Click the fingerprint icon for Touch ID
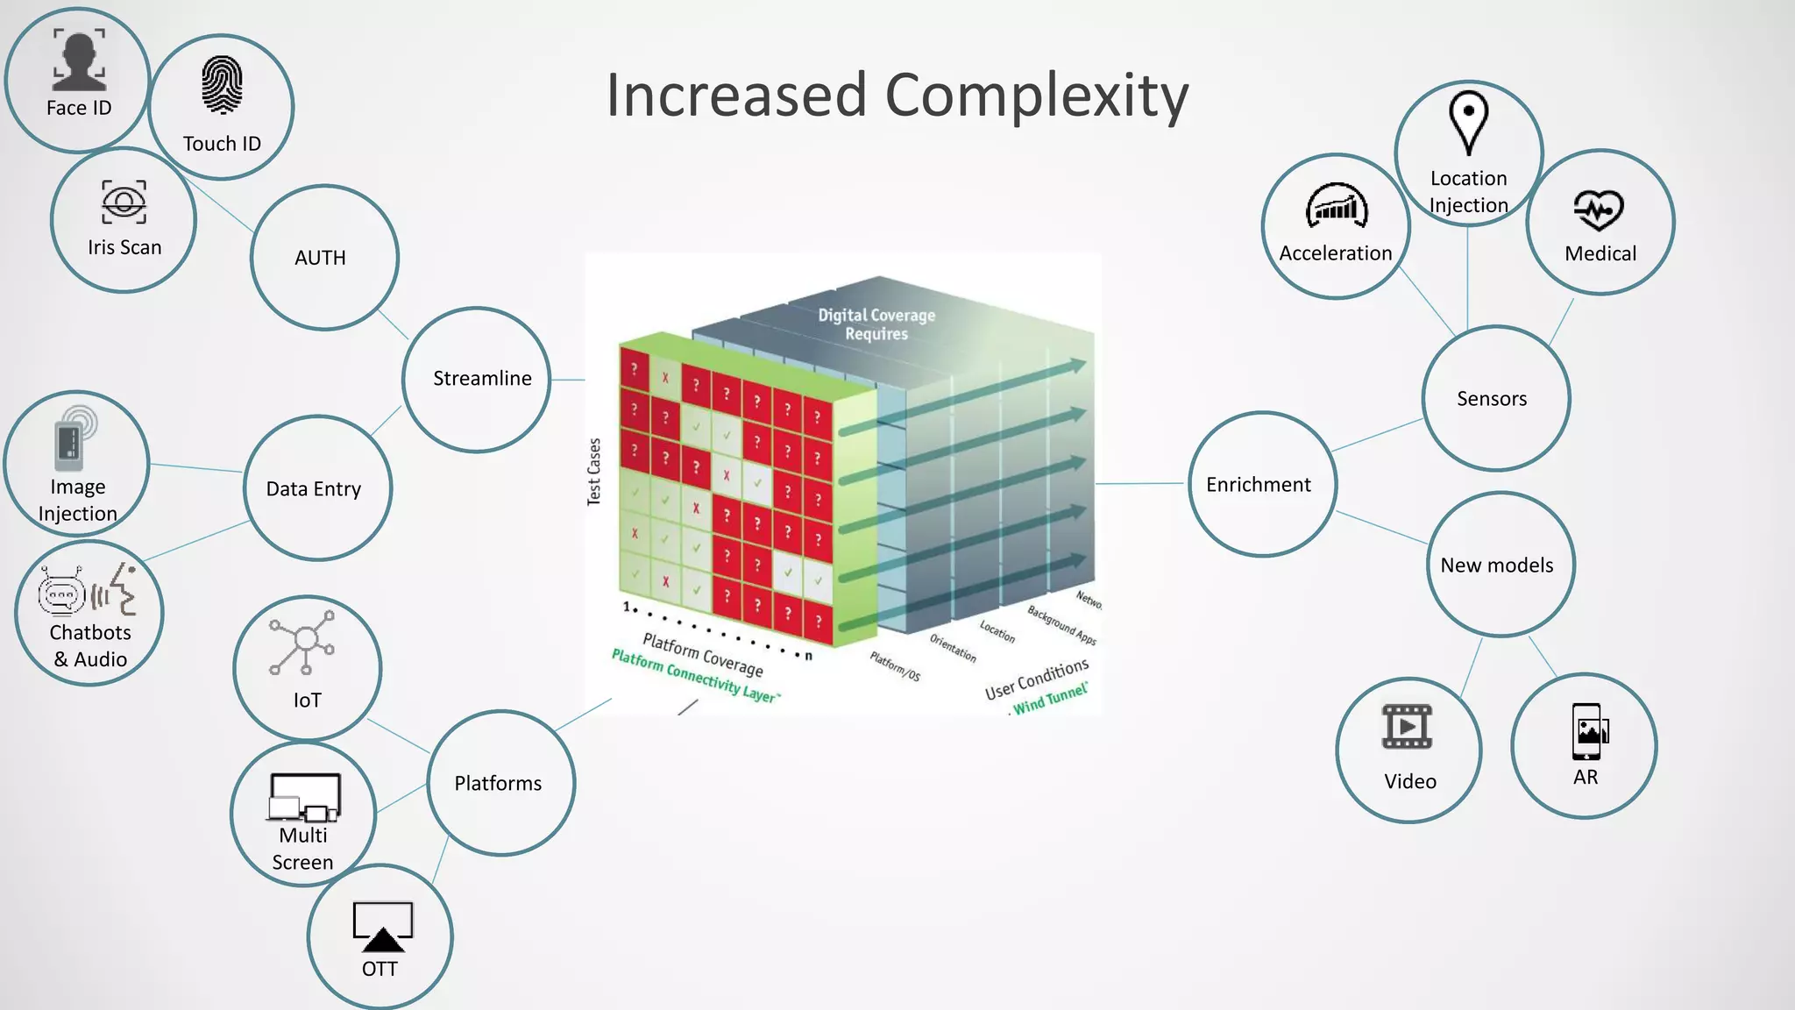coord(222,85)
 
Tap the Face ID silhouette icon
coord(79,60)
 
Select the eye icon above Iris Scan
coord(124,202)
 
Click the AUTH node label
coord(320,258)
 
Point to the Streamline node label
coord(482,378)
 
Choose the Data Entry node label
coord(314,488)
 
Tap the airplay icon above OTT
coord(382,927)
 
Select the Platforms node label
coord(498,783)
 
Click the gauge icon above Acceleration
coord(1336,207)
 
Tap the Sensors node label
coord(1492,399)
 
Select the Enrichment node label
coord(1258,484)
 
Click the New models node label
coord(1496,565)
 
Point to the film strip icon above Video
coord(1407,727)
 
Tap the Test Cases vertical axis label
coord(594,472)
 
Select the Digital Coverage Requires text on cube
coord(876,324)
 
